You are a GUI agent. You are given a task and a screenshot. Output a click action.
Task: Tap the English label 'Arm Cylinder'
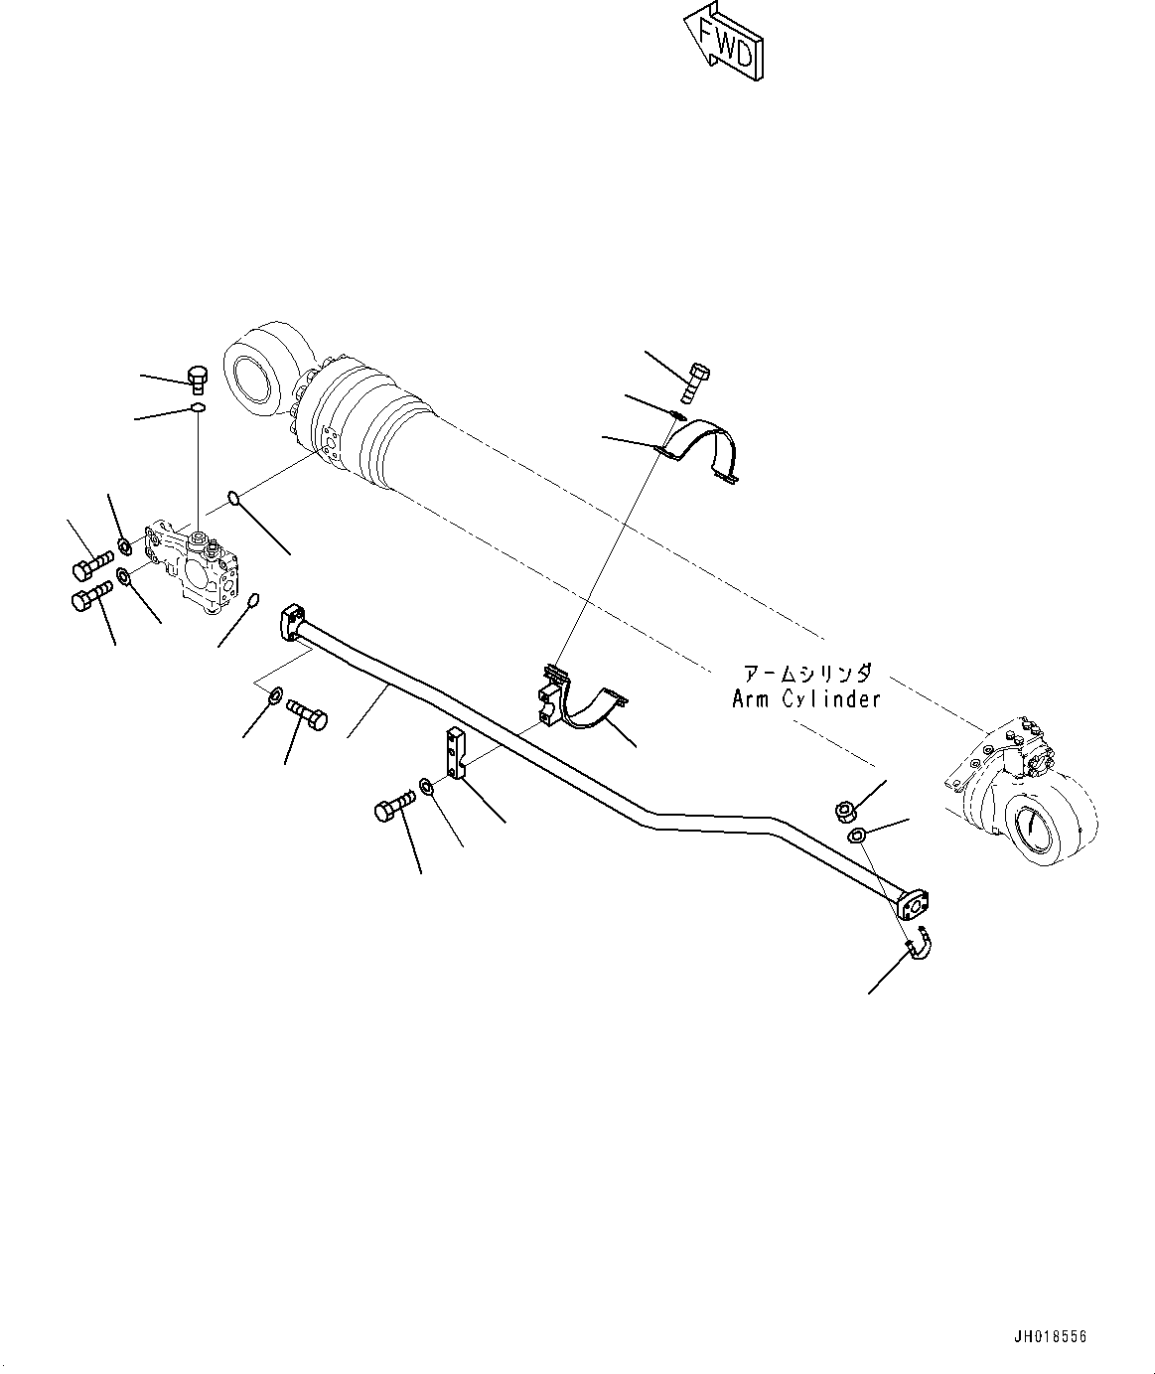pyautogui.click(x=805, y=698)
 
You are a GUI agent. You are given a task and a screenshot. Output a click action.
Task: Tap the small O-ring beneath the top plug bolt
pyautogui.click(x=199, y=406)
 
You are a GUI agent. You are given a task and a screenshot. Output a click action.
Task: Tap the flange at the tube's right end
pyautogui.click(x=911, y=905)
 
